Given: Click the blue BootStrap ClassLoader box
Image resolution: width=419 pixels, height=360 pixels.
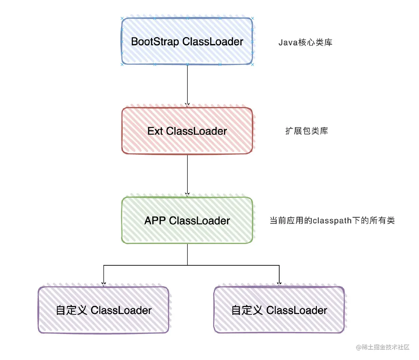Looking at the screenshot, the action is point(187,41).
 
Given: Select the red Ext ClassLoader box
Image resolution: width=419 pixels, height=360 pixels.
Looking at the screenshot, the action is point(187,131).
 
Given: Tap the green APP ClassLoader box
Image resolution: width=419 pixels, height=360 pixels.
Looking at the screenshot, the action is point(187,220).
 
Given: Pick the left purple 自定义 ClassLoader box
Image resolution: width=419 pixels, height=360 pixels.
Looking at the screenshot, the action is point(103,310).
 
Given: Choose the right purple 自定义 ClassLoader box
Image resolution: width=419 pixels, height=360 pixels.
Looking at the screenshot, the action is point(279,310).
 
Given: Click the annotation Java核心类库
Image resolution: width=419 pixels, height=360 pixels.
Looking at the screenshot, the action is point(305,43).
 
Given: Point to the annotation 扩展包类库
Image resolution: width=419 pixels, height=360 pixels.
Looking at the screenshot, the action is point(307,131).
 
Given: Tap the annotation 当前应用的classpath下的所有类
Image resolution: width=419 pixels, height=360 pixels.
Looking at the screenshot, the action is point(332,220).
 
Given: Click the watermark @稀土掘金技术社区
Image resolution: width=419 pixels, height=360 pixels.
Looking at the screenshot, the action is point(383,347).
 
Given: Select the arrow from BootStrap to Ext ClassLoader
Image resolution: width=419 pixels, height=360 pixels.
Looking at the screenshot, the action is point(187,85).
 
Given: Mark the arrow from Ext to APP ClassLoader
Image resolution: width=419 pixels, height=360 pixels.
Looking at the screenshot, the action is point(187,175).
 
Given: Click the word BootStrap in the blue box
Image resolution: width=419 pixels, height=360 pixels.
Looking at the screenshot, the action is point(155,42).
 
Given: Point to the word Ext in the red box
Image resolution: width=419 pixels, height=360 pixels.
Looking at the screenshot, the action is point(155,131).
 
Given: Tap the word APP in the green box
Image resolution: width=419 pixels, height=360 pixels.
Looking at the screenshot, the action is point(155,220).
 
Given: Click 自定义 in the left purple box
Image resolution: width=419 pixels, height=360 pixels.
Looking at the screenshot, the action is point(71,310).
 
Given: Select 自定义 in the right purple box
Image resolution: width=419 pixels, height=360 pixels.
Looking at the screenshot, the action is point(247,310).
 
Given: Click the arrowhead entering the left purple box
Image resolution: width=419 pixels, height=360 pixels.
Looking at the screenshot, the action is point(104,284).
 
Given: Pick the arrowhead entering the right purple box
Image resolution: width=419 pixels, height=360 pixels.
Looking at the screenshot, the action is point(279,284).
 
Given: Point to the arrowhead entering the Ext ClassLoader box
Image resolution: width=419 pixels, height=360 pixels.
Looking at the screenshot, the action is point(187,105).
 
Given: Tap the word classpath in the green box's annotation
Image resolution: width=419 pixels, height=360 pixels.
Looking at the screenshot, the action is point(332,221).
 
